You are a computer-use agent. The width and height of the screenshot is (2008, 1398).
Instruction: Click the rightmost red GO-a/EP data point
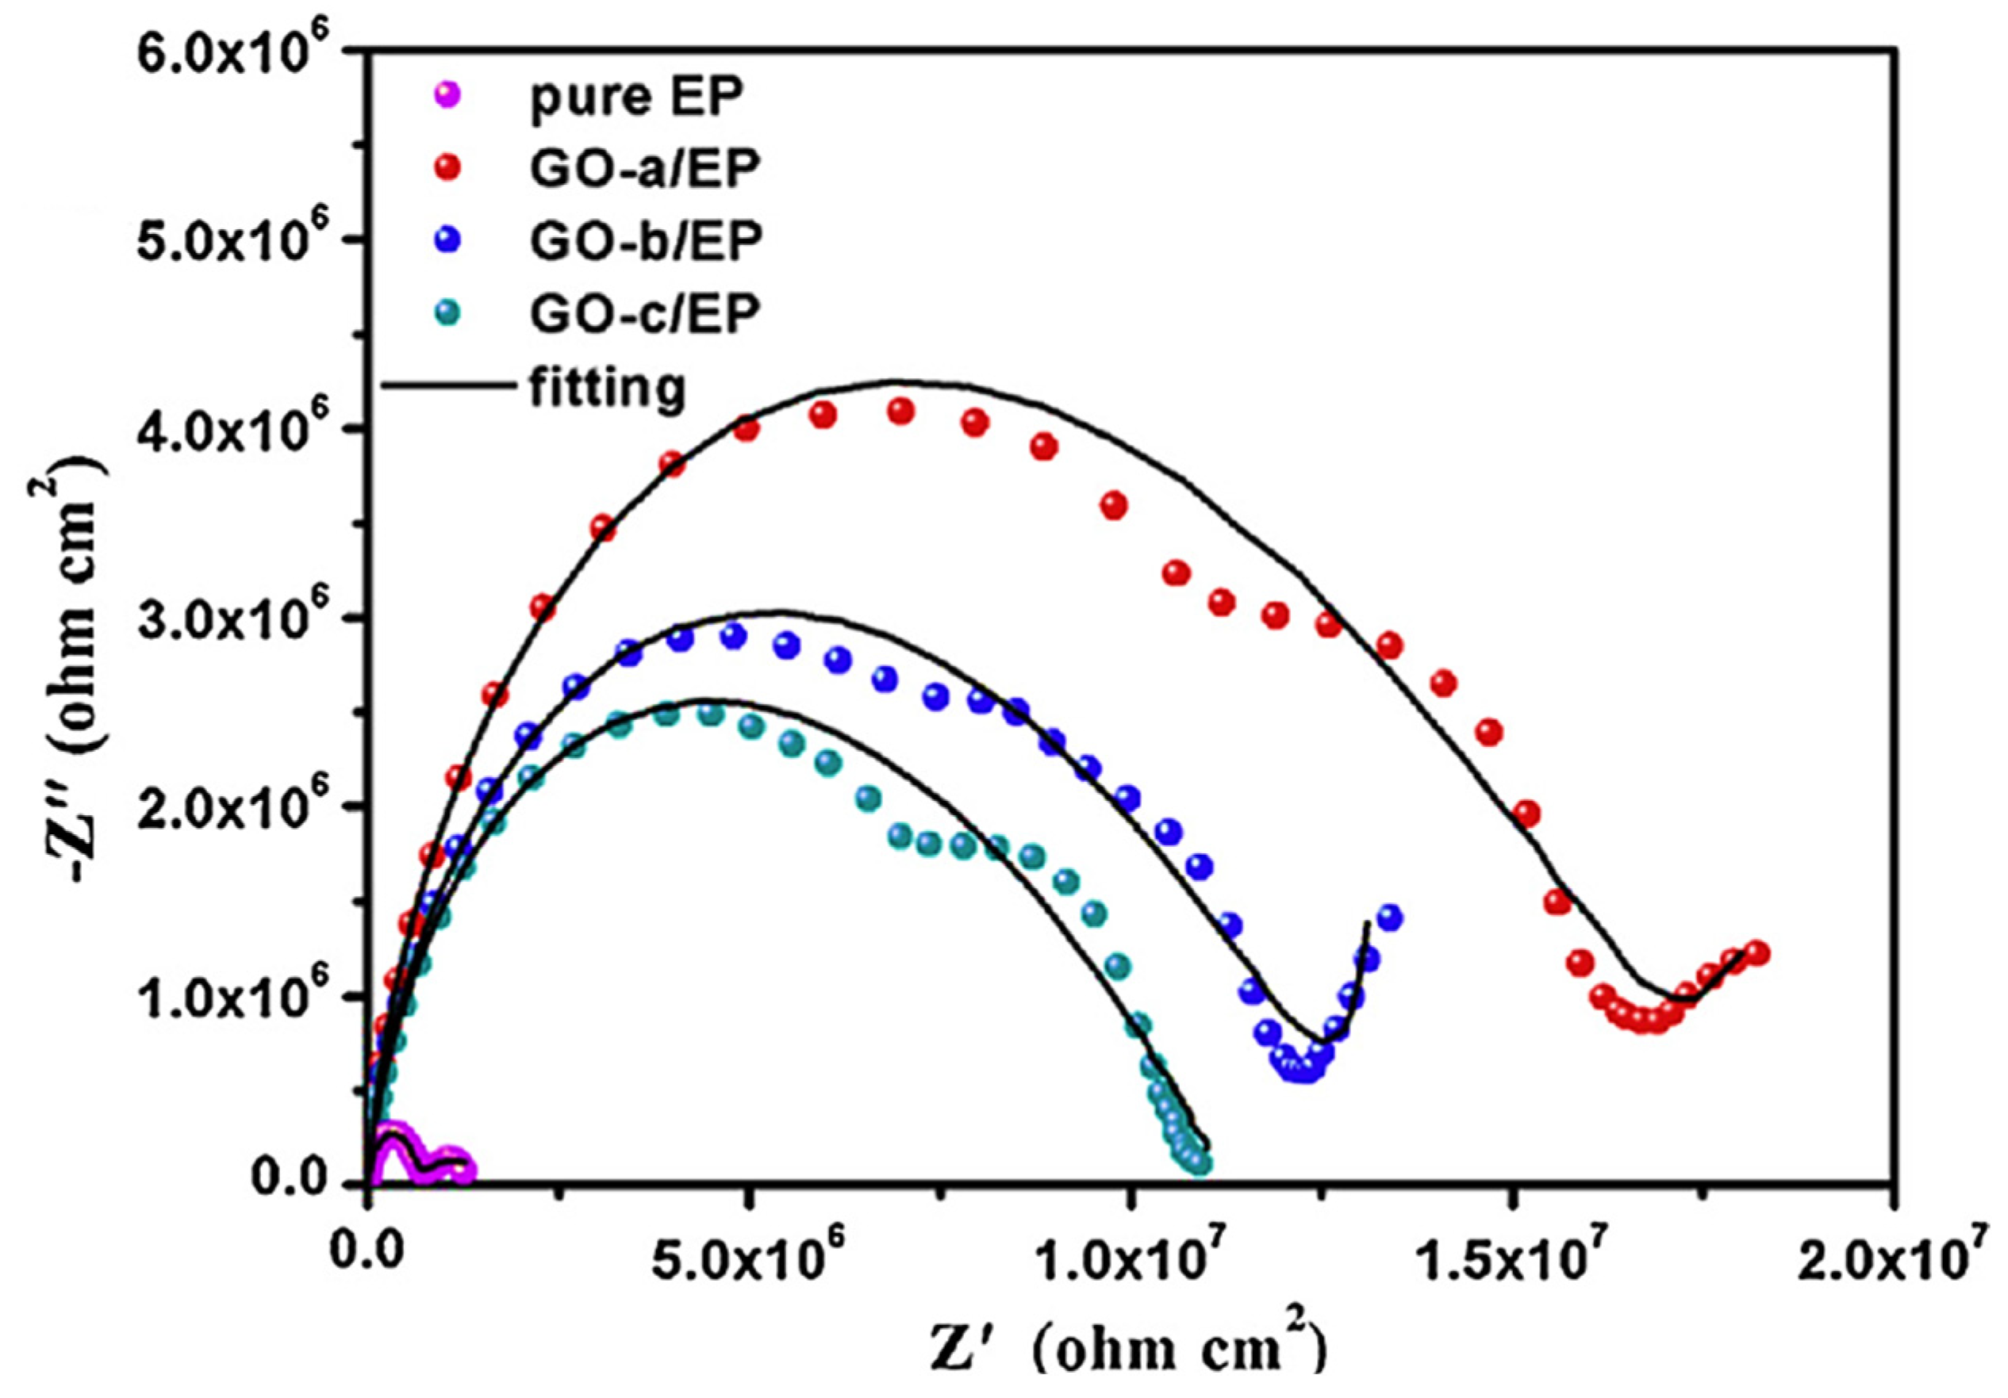click(1757, 953)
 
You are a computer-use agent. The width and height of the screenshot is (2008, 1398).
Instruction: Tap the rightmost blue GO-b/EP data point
click(1390, 917)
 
